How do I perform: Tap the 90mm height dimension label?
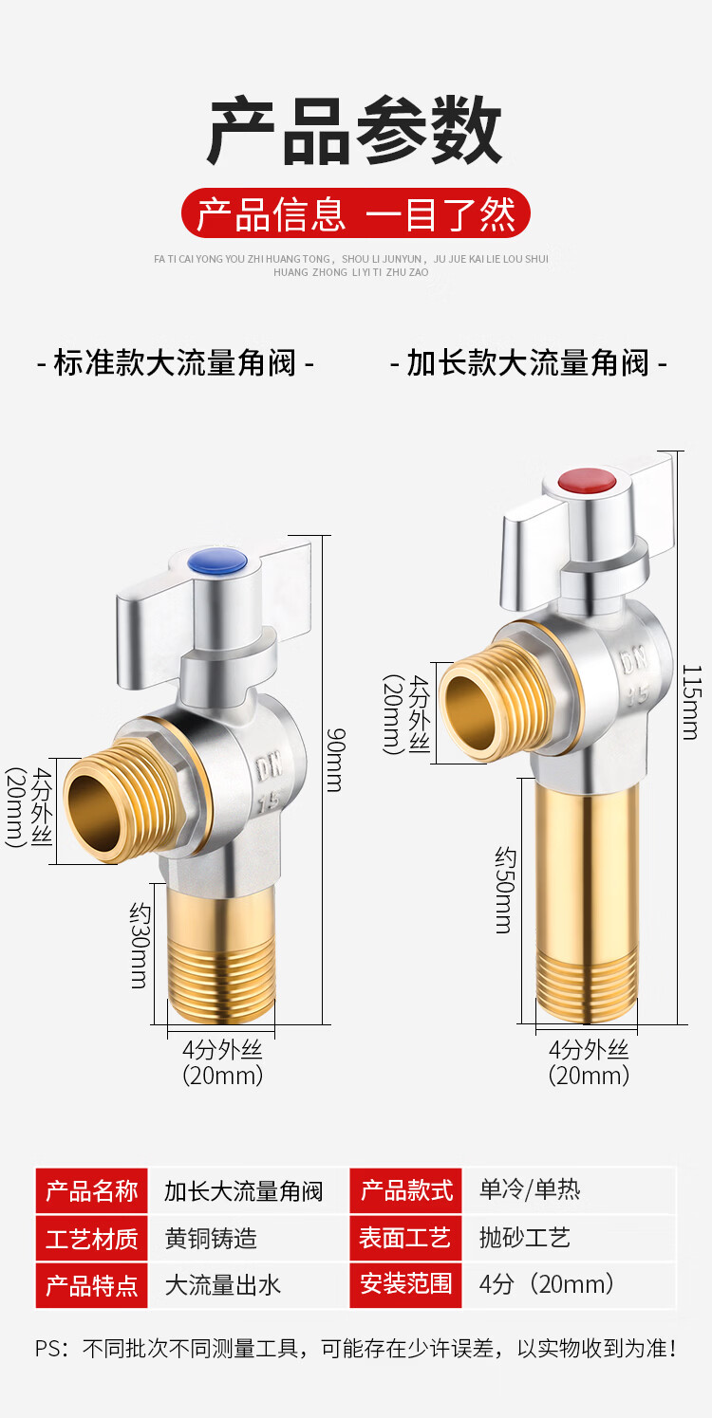(335, 759)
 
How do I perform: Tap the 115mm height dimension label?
(691, 702)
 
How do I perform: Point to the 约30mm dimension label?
(140, 946)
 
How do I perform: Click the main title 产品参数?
(355, 133)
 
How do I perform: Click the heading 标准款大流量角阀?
(176, 363)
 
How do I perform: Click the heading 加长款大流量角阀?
(529, 363)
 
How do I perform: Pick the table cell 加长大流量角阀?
(244, 1191)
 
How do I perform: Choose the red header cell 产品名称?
(92, 1191)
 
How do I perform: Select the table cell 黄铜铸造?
(211, 1239)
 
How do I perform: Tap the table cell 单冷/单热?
(530, 1189)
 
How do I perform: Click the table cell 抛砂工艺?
(525, 1238)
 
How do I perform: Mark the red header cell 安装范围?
(405, 1285)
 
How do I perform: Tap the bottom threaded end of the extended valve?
(586, 986)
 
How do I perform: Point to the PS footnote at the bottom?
(355, 1348)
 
